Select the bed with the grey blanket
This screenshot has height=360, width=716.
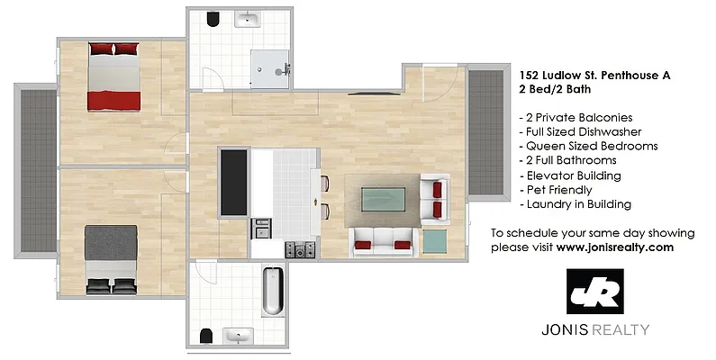(x=112, y=259)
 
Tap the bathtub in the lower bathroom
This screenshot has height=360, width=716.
(x=272, y=290)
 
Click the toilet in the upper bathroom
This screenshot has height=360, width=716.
(x=213, y=21)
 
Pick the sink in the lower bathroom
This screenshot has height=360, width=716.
(x=239, y=336)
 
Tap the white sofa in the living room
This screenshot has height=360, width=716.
(x=383, y=240)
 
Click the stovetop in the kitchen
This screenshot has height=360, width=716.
(x=296, y=247)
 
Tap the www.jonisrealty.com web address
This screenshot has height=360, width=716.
(x=615, y=247)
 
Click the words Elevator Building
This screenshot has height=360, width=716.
(x=574, y=175)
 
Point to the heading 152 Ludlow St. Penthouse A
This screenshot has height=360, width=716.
(x=595, y=76)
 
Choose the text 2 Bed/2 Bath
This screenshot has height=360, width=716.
(x=550, y=91)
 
